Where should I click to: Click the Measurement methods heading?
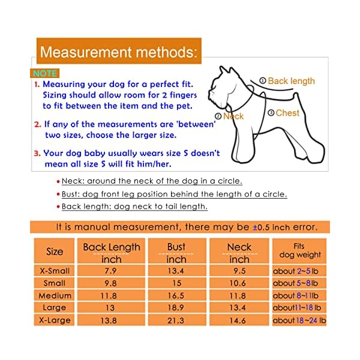pos(118,52)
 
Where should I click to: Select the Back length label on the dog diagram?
pos(291,81)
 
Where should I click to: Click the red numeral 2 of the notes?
pos(37,125)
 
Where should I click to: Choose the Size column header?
pos(55,251)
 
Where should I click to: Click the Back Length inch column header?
pos(112,253)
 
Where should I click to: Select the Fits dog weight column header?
pos(300,250)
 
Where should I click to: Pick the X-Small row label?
pos(55,271)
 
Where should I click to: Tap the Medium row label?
pos(55,295)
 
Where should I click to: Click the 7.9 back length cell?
pos(112,271)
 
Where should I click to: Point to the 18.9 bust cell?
pos(176,308)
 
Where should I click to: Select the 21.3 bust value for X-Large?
pos(176,320)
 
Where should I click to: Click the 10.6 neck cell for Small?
pos(239,283)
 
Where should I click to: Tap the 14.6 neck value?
pos(239,320)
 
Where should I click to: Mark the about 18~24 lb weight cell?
pos(299,320)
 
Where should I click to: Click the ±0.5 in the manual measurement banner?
pos(263,227)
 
